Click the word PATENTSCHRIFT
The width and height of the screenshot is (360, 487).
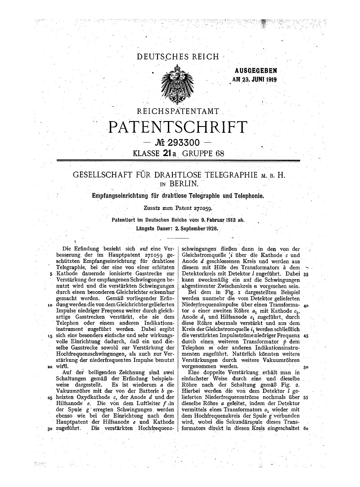(178, 127)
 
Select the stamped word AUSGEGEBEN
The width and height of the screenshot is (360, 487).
(256, 71)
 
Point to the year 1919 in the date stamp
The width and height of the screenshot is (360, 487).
(271, 80)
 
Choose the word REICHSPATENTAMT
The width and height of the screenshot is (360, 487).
(180, 111)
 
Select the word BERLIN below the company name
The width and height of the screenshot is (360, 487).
(184, 183)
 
